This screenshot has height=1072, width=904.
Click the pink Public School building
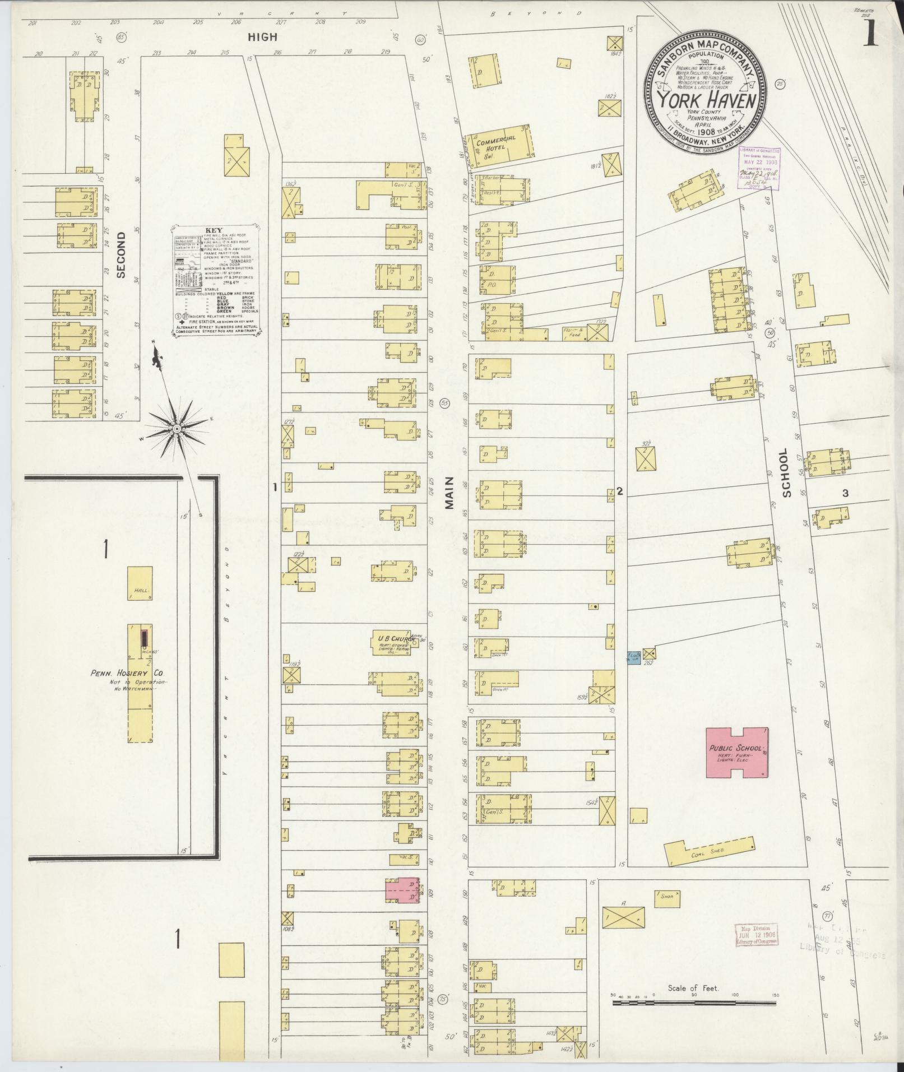coord(736,753)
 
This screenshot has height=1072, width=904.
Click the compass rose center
coord(177,429)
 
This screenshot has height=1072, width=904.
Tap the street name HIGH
coord(263,37)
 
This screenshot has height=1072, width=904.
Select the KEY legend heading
coord(214,230)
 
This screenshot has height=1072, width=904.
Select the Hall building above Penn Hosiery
coord(140,584)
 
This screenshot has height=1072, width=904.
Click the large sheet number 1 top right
coord(870,35)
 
